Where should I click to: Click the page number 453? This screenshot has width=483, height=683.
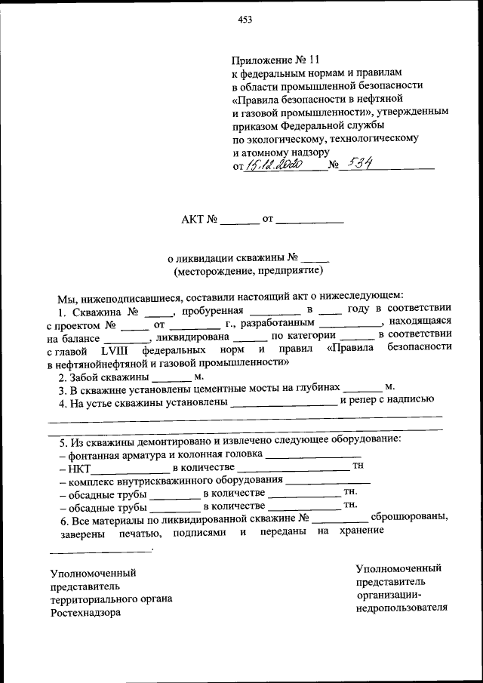click(x=244, y=20)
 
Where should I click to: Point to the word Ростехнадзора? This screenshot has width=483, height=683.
click(x=85, y=613)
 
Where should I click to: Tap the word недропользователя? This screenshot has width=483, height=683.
click(x=401, y=608)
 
